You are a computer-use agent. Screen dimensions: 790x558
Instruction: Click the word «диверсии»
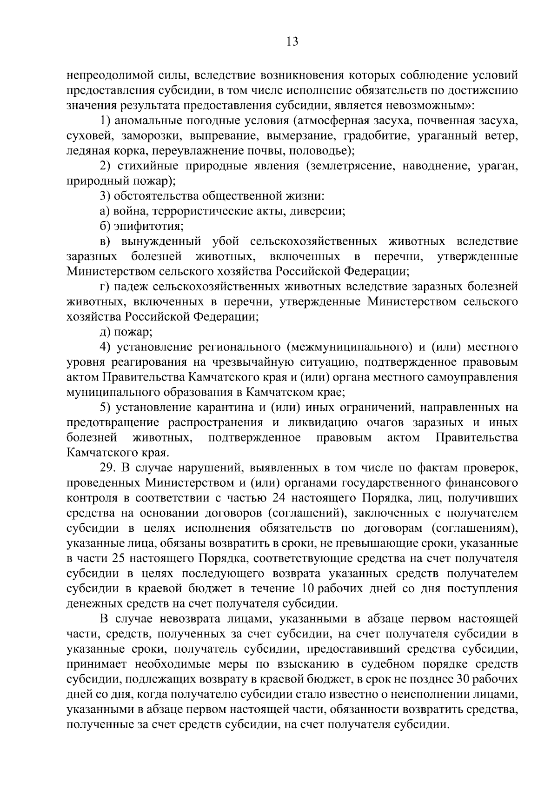point(317,211)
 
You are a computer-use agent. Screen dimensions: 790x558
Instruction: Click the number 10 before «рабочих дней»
point(306,589)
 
